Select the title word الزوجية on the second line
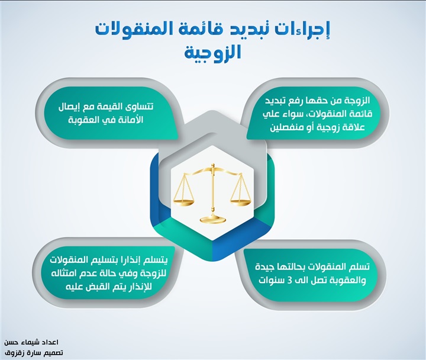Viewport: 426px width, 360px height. point(213,53)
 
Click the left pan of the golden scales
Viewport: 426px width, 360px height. point(184,202)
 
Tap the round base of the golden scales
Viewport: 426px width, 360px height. point(213,219)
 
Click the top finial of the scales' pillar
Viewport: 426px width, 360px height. point(213,166)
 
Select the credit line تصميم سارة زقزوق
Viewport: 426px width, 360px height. point(33,353)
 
